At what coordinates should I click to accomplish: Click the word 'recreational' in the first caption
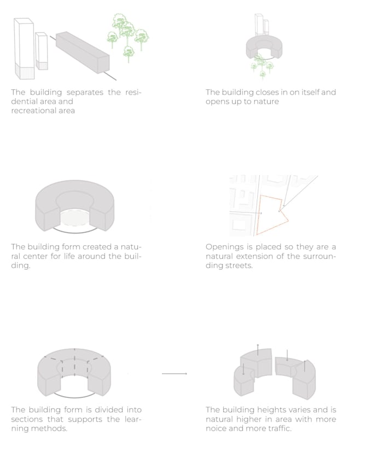click(x=32, y=111)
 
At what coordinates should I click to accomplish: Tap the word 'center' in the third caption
click(x=29, y=256)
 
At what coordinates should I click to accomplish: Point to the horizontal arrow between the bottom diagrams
click(x=175, y=374)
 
